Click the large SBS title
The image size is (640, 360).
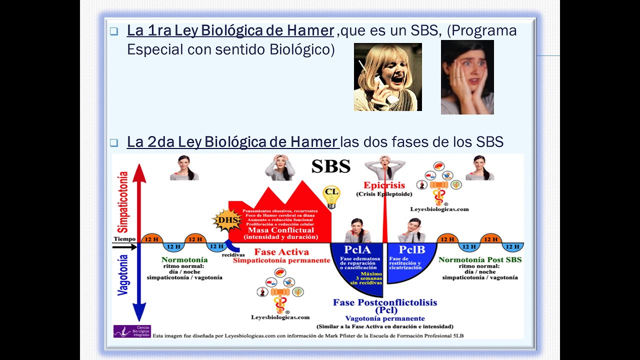coord(330,166)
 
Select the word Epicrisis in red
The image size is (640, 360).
coord(384,185)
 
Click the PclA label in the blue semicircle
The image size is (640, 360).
coord(357,249)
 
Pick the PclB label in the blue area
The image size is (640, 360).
coord(411,249)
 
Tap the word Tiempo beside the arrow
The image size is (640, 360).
coord(124,239)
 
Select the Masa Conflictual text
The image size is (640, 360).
coord(281,230)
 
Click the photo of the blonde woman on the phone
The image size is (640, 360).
coord(387,77)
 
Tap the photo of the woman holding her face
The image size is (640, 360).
coord(467,77)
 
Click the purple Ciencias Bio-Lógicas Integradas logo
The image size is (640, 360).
coord(131,331)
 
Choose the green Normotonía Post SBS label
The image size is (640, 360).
coord(479,259)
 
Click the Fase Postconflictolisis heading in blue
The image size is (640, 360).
coord(385,302)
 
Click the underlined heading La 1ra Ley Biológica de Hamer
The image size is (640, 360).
coord(230,31)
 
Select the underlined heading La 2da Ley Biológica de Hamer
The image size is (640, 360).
coord(233,142)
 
